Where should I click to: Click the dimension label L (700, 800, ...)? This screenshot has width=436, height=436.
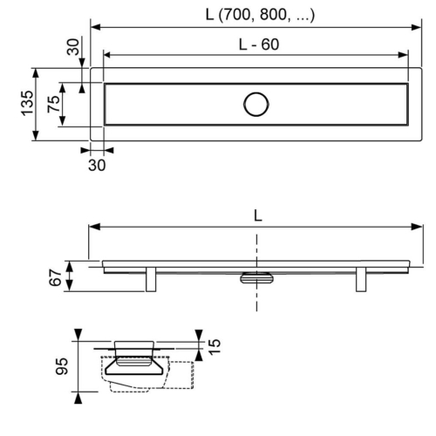[260, 15]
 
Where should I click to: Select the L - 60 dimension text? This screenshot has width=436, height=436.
[259, 44]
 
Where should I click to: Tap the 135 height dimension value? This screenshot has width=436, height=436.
[27, 103]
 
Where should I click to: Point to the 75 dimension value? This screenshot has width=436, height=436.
[53, 104]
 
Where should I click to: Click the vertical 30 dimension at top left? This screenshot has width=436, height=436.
[72, 47]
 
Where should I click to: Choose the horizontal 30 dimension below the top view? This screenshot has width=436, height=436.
[97, 165]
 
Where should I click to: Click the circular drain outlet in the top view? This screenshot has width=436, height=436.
[256, 105]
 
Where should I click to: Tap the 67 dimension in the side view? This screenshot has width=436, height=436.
[55, 277]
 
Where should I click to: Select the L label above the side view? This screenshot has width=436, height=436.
[258, 216]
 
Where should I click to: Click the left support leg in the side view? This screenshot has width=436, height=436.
[151, 279]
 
